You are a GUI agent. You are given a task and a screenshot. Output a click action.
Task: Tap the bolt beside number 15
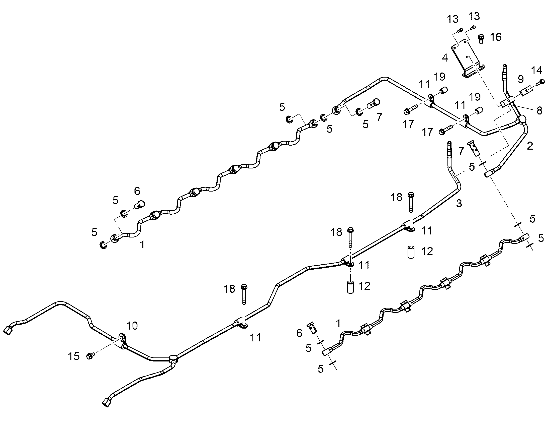(90, 356)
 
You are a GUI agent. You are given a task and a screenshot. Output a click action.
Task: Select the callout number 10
(132, 326)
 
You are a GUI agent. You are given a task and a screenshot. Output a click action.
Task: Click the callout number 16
(496, 37)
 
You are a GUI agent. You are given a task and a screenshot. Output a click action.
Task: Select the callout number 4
(445, 58)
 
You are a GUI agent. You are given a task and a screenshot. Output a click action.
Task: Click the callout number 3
(459, 204)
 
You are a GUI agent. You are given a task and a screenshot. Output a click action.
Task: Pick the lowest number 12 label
(364, 286)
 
